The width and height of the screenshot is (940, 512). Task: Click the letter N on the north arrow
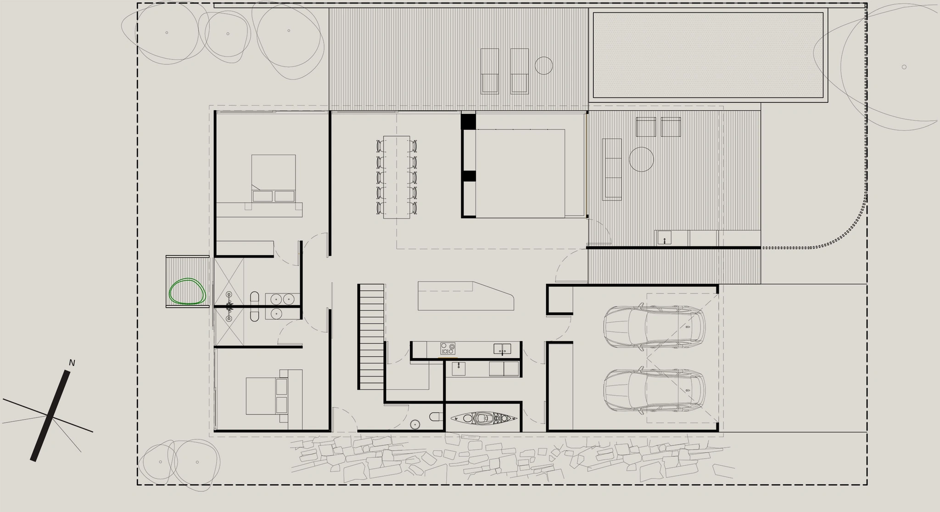pos(72,363)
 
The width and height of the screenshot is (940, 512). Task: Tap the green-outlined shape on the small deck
pos(187,291)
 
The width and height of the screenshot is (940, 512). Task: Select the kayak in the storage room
pos(484,418)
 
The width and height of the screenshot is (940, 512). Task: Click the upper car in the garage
pos(654,327)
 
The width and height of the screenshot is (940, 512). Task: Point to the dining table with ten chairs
pos(397,177)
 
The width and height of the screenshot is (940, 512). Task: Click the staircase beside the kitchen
pos(371,337)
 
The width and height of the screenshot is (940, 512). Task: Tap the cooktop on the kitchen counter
pos(448,349)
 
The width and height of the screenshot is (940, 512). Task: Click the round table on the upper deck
pos(544,65)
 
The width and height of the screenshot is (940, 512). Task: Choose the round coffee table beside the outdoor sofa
pos(641,159)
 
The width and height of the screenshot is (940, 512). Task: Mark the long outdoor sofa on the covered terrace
pos(612,169)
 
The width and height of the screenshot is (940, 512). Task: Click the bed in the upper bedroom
pos(273,178)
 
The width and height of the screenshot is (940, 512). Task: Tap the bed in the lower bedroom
pos(267,396)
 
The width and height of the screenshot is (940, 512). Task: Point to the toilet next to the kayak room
pos(435,416)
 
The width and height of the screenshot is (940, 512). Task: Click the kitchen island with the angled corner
pos(465,296)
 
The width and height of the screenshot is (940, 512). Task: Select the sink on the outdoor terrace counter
pos(664,238)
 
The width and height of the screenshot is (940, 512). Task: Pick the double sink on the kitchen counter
pos(503,349)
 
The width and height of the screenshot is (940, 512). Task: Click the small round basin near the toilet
pos(415,424)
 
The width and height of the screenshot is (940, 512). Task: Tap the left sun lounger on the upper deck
pos(489,71)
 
